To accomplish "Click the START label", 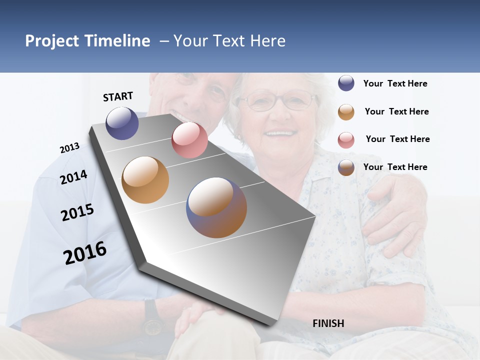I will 118,96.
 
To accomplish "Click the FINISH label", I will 328,323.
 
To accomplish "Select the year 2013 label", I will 69,148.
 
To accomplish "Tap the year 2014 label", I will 73,177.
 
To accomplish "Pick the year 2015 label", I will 77,212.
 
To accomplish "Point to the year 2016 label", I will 85,253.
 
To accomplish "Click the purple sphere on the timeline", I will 122,123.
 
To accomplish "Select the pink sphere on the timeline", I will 189,140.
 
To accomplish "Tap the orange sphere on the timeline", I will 145,180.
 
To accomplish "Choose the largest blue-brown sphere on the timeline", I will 216,207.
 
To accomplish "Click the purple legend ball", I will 346,83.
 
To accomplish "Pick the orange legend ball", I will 346,112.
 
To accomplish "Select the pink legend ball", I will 346,140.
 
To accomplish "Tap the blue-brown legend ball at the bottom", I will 346,167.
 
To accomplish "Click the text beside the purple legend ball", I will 395,84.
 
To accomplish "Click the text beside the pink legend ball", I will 397,139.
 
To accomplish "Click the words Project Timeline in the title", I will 87,41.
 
